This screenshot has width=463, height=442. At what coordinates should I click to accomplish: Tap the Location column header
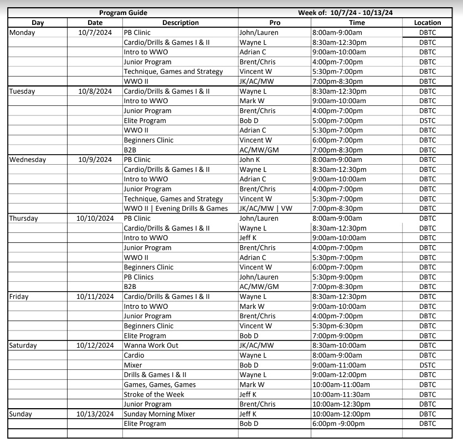(x=428, y=23)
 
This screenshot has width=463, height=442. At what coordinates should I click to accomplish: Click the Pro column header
(x=274, y=23)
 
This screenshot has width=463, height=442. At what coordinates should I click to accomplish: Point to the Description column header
(x=180, y=23)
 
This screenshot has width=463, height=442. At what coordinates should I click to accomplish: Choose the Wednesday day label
(x=28, y=160)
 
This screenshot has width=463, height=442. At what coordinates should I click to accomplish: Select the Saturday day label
(x=25, y=346)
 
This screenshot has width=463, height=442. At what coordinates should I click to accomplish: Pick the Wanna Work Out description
(x=151, y=346)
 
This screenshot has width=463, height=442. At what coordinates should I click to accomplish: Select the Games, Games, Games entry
(x=160, y=384)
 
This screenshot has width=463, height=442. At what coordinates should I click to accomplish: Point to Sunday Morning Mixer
(x=160, y=414)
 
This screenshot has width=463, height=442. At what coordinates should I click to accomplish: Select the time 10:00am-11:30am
(x=341, y=394)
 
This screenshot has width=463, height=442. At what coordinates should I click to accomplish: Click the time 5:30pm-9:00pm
(x=337, y=277)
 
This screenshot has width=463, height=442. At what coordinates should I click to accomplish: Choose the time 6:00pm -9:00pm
(x=338, y=424)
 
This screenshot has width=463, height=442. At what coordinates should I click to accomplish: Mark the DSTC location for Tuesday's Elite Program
(x=428, y=120)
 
